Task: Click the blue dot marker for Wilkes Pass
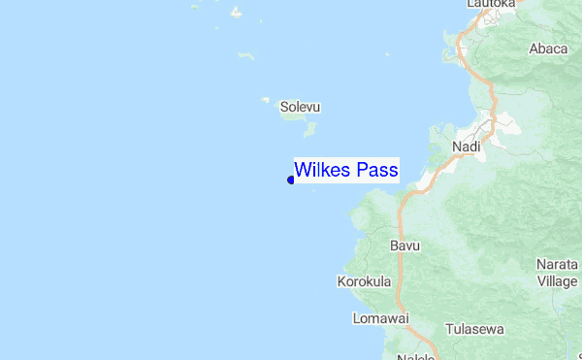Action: coord(291,179)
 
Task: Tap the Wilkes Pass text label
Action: coord(345,171)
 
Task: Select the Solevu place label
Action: coord(300,107)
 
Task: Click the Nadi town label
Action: coord(467,147)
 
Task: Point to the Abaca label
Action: coord(548,49)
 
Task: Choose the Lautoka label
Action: coord(490,5)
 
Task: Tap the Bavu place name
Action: coord(404,245)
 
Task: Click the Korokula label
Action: coord(364,282)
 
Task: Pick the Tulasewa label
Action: coord(475,329)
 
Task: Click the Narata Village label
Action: coord(557,272)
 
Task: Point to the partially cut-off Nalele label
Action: coord(416,356)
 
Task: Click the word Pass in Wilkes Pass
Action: coord(376,171)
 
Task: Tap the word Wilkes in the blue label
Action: coord(324,171)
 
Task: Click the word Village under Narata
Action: coord(557,280)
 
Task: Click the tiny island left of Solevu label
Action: coord(265,99)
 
